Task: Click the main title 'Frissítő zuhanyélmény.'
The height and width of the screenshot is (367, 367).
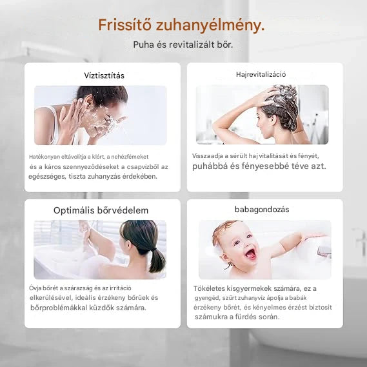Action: (181, 26)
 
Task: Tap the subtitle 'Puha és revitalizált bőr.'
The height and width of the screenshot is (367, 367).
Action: (183, 45)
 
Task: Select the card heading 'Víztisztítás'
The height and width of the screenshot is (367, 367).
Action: (104, 75)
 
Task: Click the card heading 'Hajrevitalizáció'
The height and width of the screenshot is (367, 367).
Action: (261, 75)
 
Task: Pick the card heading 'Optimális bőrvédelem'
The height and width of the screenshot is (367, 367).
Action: (101, 210)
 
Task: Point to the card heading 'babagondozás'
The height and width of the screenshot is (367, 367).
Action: (262, 210)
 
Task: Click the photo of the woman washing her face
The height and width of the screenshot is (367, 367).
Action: (101, 115)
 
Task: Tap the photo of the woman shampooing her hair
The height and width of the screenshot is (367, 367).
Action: (262, 115)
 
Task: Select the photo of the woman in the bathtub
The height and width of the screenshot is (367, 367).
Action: (100, 249)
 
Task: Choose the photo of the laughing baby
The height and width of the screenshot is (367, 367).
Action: (264, 250)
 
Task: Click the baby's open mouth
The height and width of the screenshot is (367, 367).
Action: (250, 253)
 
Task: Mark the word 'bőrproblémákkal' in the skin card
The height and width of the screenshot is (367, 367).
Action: (59, 308)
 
